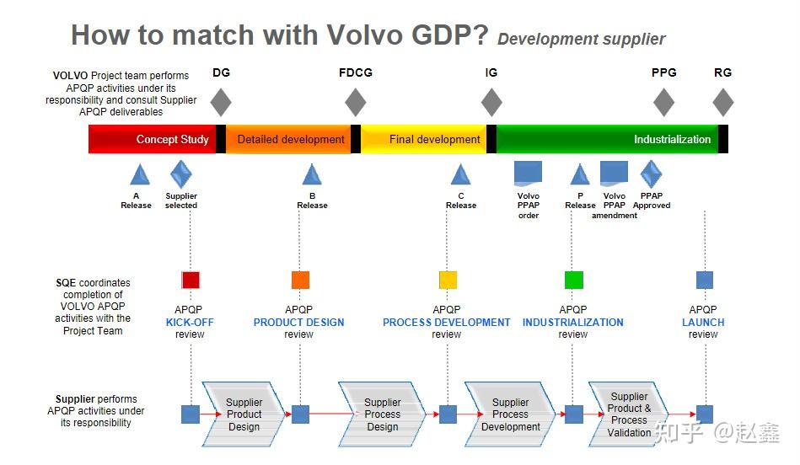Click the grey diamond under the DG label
coord(220,102)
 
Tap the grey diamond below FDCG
coord(356,102)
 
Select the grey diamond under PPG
coord(664,102)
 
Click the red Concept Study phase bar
coord(152,139)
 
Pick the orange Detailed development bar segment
coord(291,139)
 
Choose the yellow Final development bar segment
coord(424,139)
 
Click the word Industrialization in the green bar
coord(672,140)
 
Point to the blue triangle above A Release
coord(140,175)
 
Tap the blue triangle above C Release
coord(460,175)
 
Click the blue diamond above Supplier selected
coord(181,174)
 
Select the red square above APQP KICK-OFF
coord(191,281)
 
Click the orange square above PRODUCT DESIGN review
coord(300,281)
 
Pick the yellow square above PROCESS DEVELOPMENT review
coord(448,281)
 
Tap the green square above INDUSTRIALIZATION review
coord(573,281)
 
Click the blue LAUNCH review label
coord(703,322)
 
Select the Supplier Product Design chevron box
coord(244,414)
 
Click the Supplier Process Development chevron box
coord(510,414)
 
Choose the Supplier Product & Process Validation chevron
coord(629,414)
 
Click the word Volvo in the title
coord(363,35)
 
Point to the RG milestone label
coord(722,72)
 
